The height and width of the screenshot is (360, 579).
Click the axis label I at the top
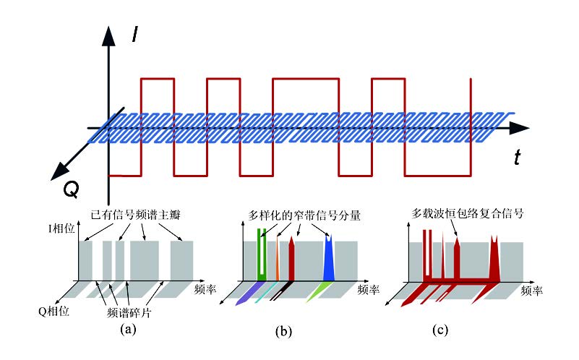tap(135, 33)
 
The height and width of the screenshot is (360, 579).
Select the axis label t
tap(518, 158)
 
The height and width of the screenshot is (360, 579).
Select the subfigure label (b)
tap(283, 333)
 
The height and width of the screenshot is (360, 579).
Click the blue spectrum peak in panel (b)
tap(328, 259)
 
